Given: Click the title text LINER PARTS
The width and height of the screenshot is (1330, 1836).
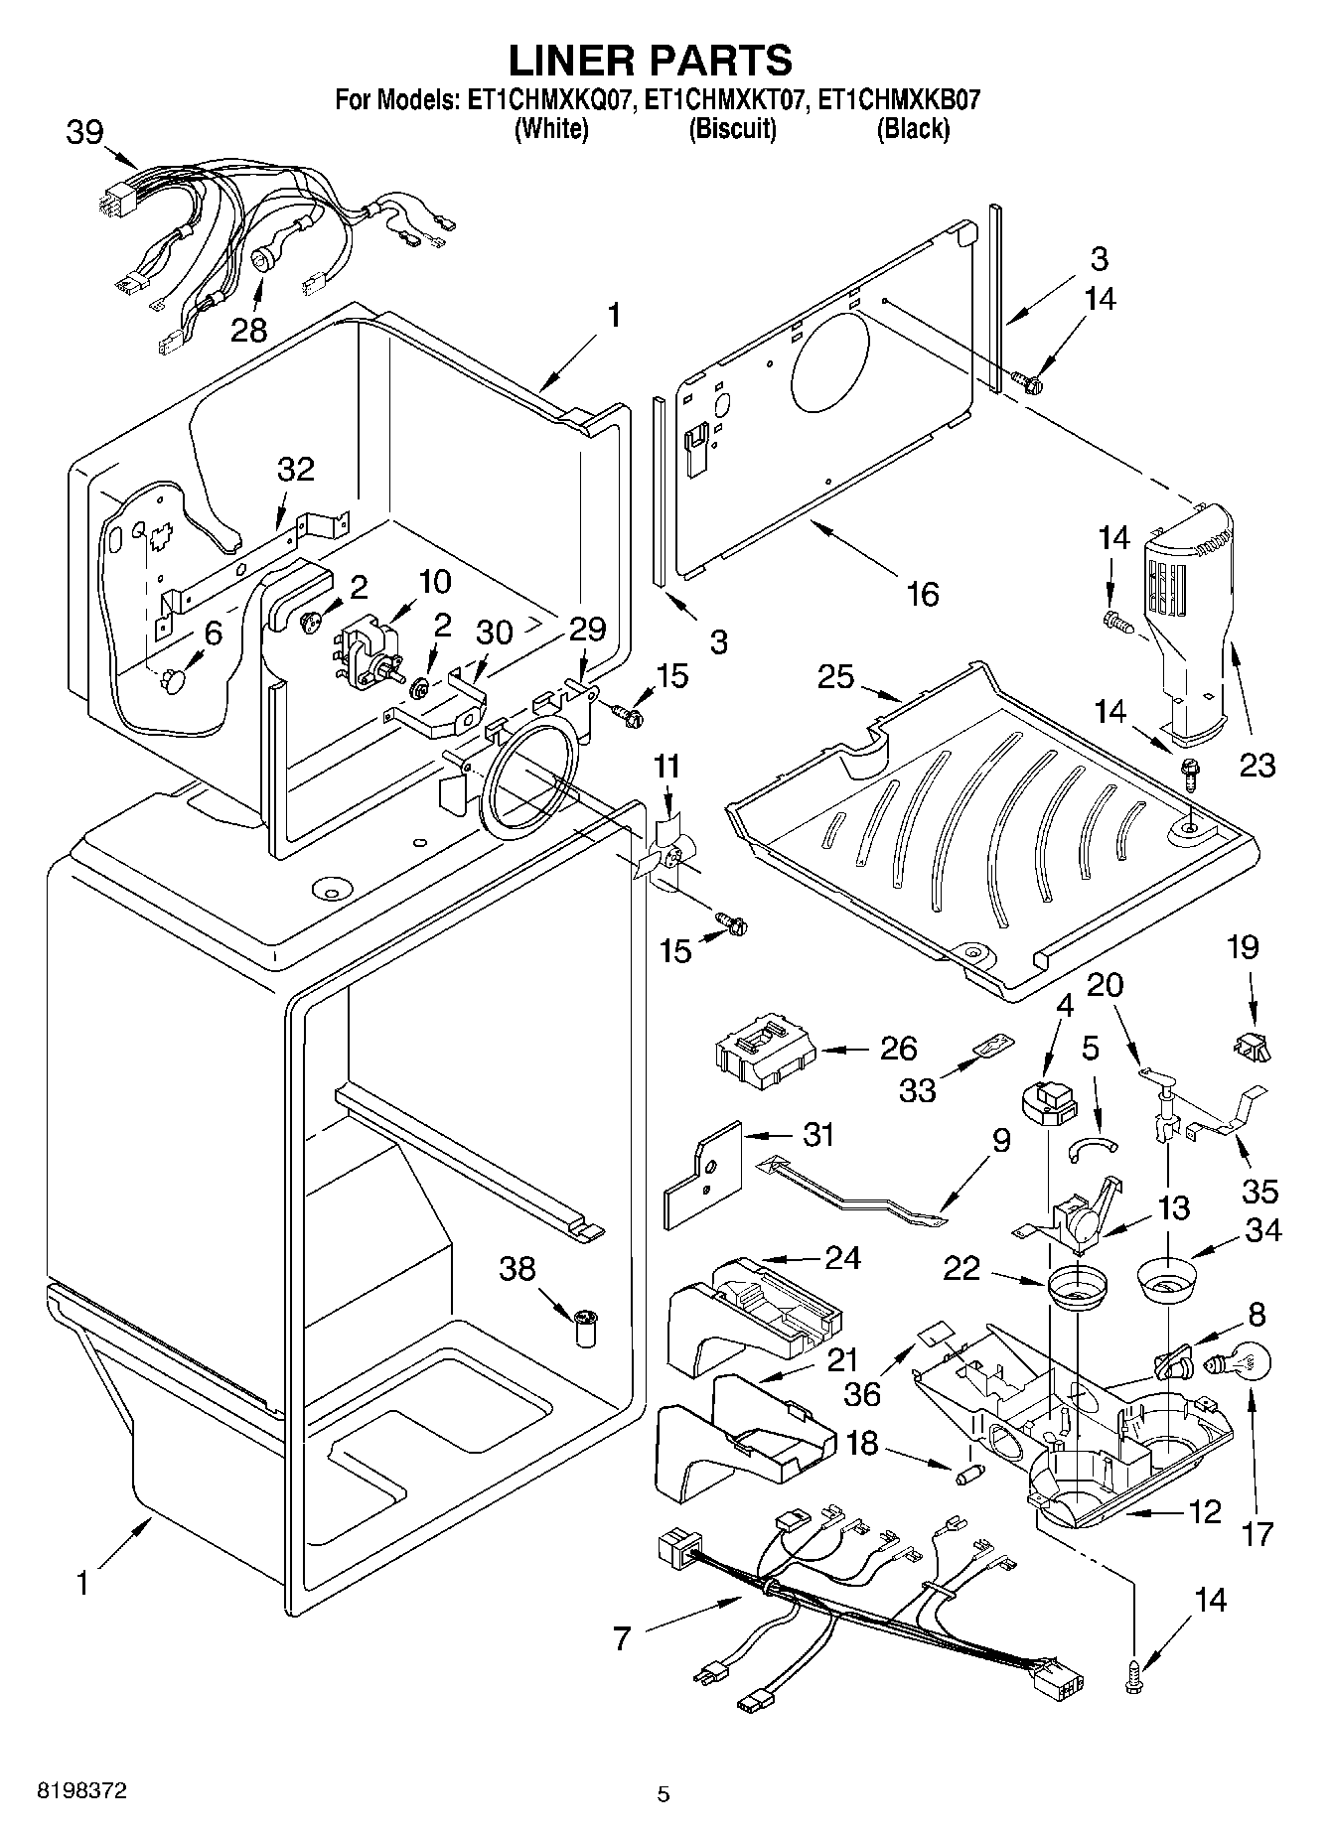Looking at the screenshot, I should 651,60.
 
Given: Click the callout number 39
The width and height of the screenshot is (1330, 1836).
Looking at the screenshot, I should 85,132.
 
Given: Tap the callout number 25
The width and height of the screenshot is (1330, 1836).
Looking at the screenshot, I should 836,678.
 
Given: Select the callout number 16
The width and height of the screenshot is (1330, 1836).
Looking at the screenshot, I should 922,594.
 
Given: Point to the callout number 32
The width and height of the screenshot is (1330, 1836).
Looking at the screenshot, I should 295,469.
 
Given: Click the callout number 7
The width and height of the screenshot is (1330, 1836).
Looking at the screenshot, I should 622,1637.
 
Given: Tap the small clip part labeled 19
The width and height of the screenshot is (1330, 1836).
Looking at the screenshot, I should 1254,1045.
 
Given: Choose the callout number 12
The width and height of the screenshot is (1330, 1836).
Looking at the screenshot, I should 1204,1512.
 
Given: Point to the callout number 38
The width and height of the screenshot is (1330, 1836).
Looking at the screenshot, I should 517,1268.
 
